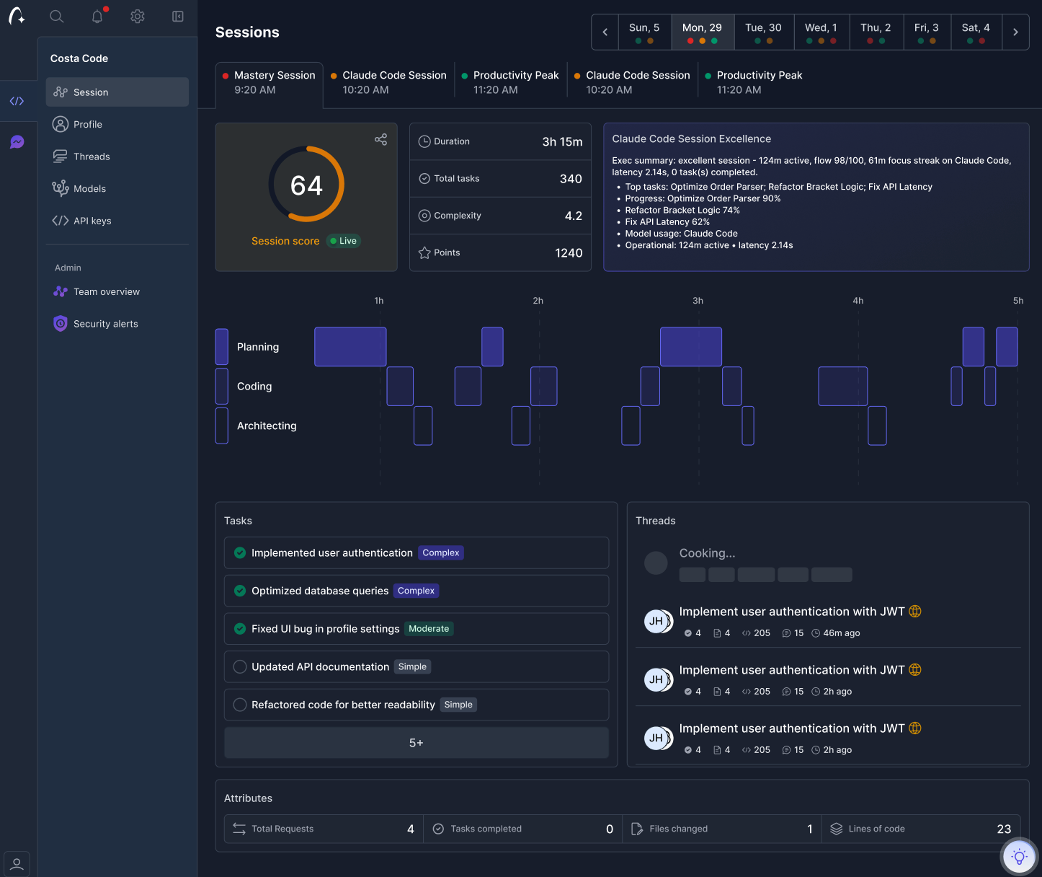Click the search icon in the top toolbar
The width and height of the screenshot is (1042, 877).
point(57,17)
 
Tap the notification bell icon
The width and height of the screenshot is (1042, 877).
point(97,17)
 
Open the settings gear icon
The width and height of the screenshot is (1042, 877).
point(138,17)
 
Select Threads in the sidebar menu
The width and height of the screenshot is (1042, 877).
point(92,157)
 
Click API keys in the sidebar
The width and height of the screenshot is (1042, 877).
point(92,221)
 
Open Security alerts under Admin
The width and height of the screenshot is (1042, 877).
point(105,324)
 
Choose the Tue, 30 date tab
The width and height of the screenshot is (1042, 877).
point(763,32)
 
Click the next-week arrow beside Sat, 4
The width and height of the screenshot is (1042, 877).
point(1015,32)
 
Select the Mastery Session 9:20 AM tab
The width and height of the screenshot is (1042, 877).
point(270,82)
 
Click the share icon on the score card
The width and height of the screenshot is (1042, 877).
point(380,139)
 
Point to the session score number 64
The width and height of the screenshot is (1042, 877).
point(306,186)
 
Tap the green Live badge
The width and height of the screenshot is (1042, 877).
point(344,241)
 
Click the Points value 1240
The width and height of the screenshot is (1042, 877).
point(568,253)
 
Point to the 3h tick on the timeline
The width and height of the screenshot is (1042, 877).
point(698,301)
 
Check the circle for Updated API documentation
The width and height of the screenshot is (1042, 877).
point(240,667)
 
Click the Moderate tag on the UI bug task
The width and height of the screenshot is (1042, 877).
point(429,629)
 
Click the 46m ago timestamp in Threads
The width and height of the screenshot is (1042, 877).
point(841,633)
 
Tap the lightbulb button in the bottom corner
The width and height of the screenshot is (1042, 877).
point(1019,857)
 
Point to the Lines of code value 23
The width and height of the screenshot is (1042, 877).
point(1003,829)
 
